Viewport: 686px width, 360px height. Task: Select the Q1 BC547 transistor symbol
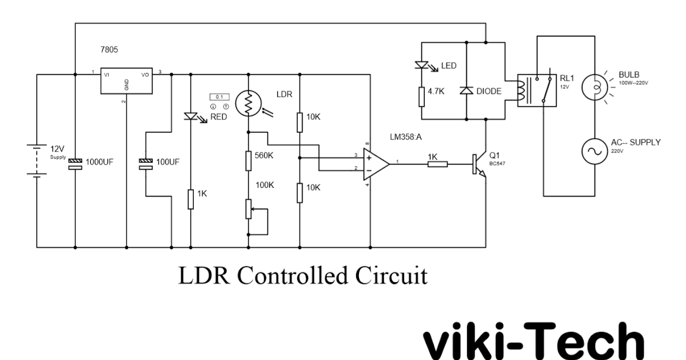pos(480,165)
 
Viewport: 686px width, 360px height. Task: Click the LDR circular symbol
pos(249,103)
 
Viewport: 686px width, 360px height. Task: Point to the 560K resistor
pos(249,161)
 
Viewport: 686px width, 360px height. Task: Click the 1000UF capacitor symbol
pos(75,164)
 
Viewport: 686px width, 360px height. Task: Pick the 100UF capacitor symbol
pos(146,164)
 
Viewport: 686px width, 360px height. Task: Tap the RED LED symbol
pos(190,116)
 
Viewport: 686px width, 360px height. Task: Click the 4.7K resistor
pos(421,97)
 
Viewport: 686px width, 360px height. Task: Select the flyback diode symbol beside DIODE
pos(468,91)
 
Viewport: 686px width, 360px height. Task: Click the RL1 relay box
pos(536,90)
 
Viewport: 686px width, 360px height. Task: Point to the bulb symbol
pos(595,88)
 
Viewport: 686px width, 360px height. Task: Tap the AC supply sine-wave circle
pos(595,151)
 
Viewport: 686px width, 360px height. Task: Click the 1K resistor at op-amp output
pos(437,165)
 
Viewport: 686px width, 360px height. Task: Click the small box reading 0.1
pos(219,97)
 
